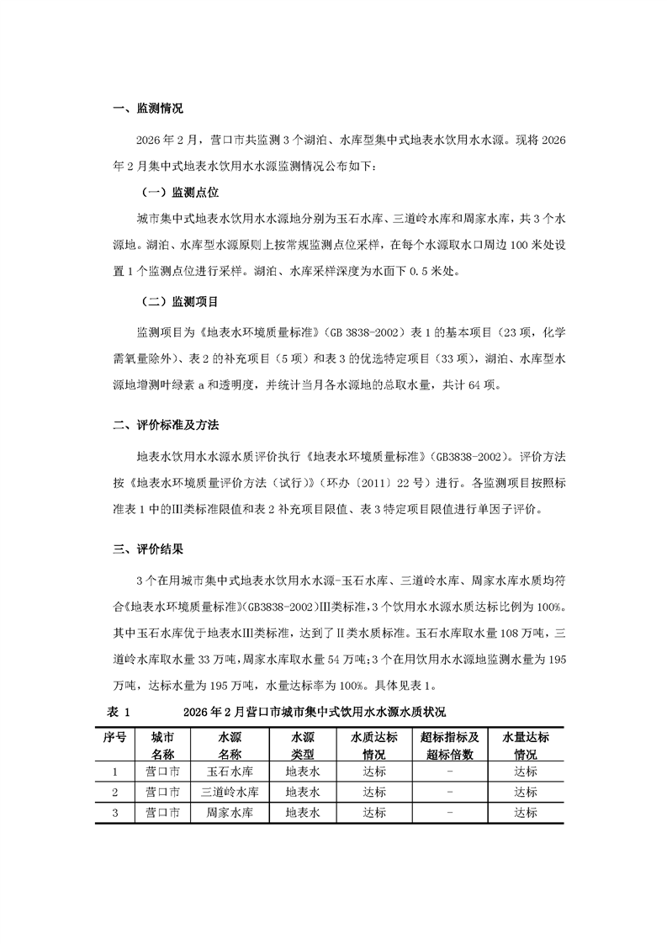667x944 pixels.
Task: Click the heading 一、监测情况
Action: pyautogui.click(x=147, y=109)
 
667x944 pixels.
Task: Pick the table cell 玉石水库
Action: pyautogui.click(x=230, y=771)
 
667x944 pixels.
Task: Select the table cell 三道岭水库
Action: pyautogui.click(x=230, y=792)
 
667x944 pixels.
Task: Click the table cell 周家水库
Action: pyautogui.click(x=230, y=813)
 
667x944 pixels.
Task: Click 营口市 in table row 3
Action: pyautogui.click(x=162, y=813)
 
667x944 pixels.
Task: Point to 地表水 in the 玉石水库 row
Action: pyautogui.click(x=302, y=771)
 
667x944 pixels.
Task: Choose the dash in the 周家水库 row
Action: pyautogui.click(x=451, y=813)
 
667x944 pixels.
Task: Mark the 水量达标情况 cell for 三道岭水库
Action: pyautogui.click(x=526, y=792)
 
